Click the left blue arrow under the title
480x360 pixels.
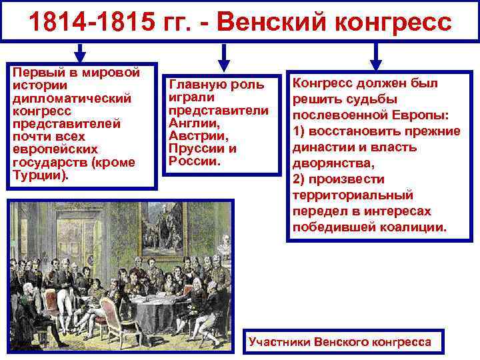(80, 53)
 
